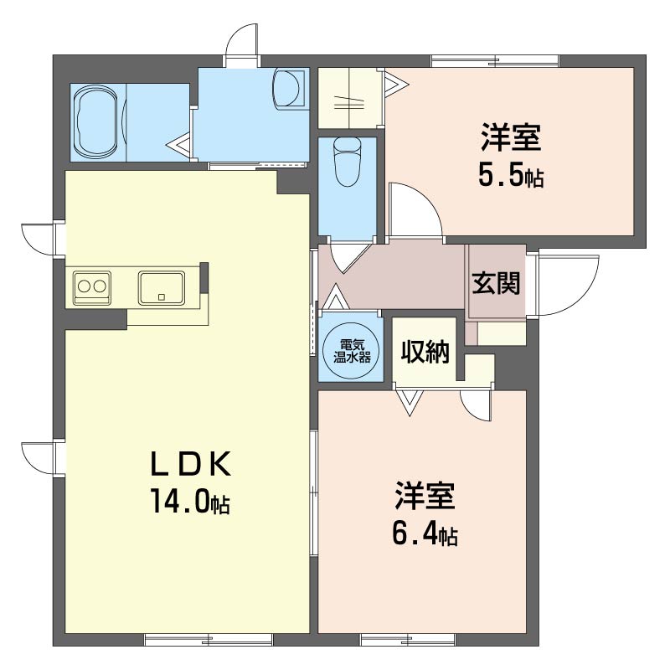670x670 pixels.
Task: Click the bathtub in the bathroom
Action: point(98,123)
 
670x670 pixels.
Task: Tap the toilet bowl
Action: point(348,162)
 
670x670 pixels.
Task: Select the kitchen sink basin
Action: point(162,287)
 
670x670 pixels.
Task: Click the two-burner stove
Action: point(92,287)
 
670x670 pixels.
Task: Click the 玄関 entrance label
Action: point(496,283)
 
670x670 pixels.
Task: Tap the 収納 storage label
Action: point(425,352)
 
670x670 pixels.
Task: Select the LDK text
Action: point(191,465)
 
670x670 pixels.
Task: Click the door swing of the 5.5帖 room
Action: point(414,209)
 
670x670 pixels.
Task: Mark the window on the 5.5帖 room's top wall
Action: point(495,61)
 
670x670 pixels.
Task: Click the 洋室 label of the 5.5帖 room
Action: point(511,137)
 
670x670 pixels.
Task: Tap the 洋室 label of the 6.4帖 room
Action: point(425,496)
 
